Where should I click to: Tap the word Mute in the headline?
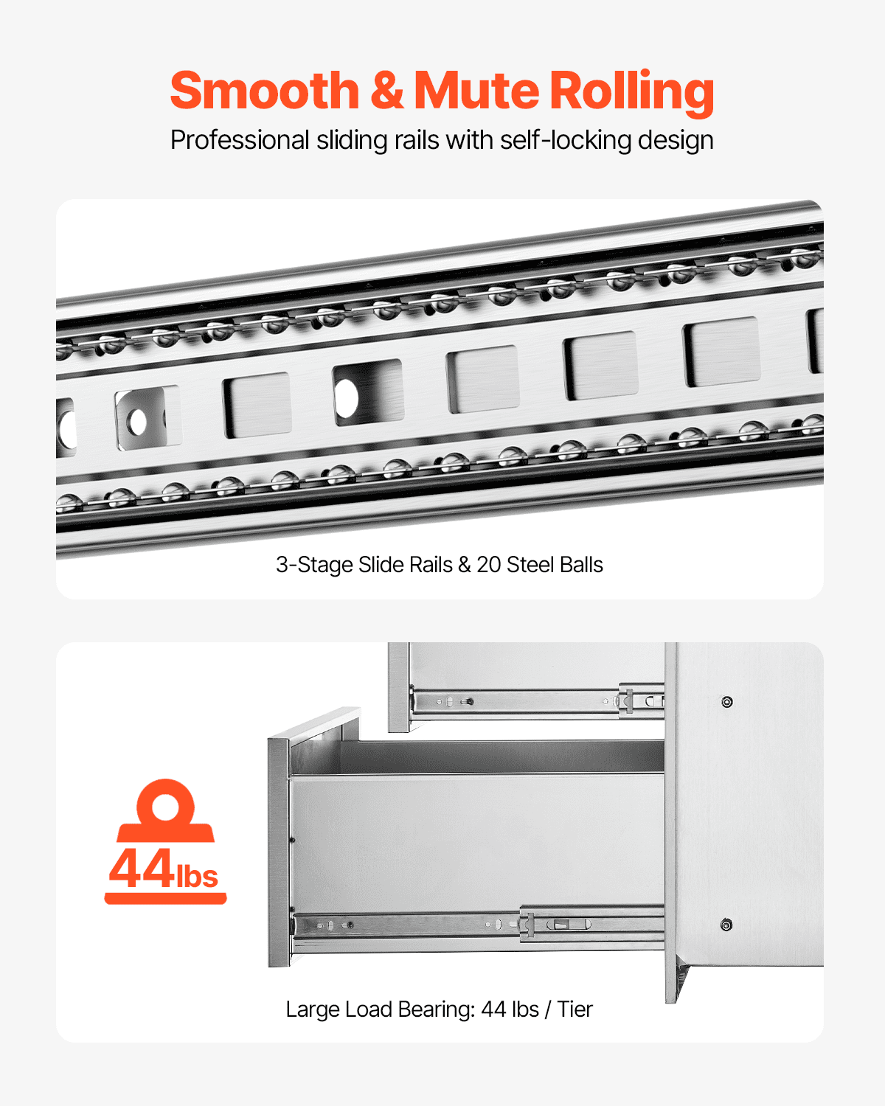click(x=476, y=91)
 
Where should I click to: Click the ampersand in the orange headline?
click(x=386, y=91)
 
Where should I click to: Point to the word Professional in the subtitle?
click(x=240, y=140)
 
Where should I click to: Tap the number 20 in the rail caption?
click(x=488, y=565)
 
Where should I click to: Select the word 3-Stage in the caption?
click(x=313, y=565)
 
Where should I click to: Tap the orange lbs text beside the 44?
click(x=197, y=876)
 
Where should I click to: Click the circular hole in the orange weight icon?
click(x=165, y=805)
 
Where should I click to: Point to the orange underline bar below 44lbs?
click(x=165, y=898)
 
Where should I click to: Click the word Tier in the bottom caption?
click(x=575, y=1009)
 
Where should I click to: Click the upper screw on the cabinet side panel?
click(x=727, y=702)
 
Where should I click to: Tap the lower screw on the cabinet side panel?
click(x=726, y=925)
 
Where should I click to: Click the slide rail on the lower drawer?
click(x=479, y=925)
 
